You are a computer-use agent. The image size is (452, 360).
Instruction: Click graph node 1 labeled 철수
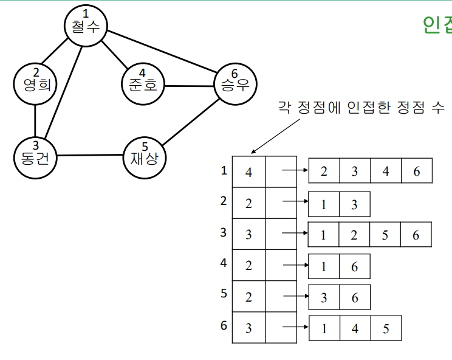point(86,25)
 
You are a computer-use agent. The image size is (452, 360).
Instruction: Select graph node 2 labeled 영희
point(35,81)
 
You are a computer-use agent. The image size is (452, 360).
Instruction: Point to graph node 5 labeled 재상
point(145,156)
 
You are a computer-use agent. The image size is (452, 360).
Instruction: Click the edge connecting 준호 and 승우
point(189,85)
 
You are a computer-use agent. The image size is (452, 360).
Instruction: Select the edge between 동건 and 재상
point(90,155)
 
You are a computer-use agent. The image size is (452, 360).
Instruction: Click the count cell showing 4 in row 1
point(248,172)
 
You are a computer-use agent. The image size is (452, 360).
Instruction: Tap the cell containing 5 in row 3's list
point(385,235)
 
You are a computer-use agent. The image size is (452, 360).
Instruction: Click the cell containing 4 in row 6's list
point(355,329)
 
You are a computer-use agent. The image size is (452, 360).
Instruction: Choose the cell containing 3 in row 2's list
point(354,204)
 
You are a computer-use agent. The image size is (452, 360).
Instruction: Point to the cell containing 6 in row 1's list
point(416,171)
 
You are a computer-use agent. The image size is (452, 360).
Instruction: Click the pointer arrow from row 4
point(295,266)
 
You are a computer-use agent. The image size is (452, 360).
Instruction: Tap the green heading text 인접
point(437,24)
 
